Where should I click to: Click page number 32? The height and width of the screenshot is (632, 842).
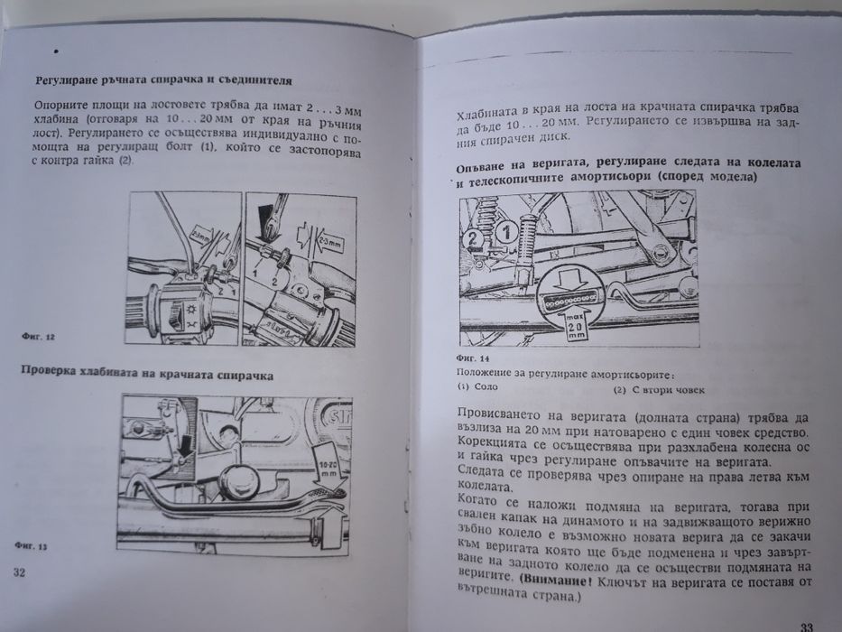(20, 572)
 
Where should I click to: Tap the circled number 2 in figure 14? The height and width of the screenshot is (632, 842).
(473, 239)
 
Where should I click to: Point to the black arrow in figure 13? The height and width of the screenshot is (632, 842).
(185, 442)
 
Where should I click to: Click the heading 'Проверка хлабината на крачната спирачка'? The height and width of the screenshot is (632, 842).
(157, 373)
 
